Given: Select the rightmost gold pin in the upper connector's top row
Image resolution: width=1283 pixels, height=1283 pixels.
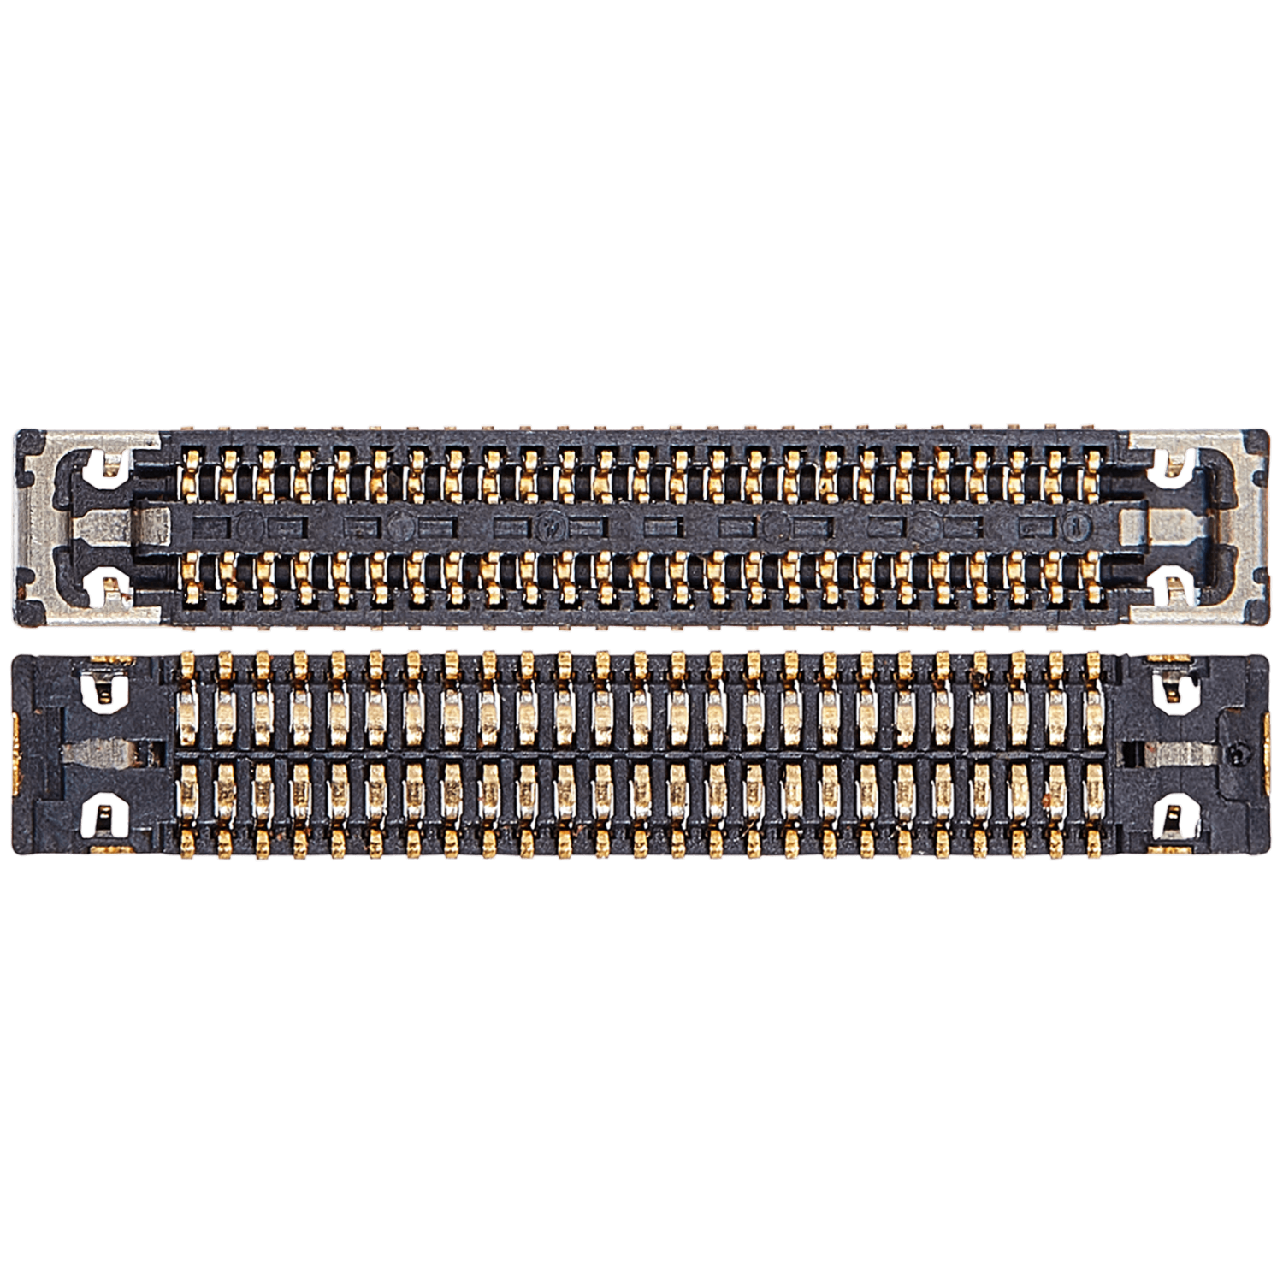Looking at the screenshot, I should (x=1092, y=475).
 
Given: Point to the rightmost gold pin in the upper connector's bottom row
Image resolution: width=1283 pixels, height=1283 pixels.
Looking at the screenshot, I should (x=1092, y=576).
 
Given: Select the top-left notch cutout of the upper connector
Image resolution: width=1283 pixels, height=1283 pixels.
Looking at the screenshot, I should (x=110, y=466).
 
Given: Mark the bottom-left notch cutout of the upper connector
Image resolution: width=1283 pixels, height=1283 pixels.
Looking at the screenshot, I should (x=110, y=585).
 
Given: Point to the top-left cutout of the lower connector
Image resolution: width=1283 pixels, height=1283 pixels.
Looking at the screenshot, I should (x=103, y=690).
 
